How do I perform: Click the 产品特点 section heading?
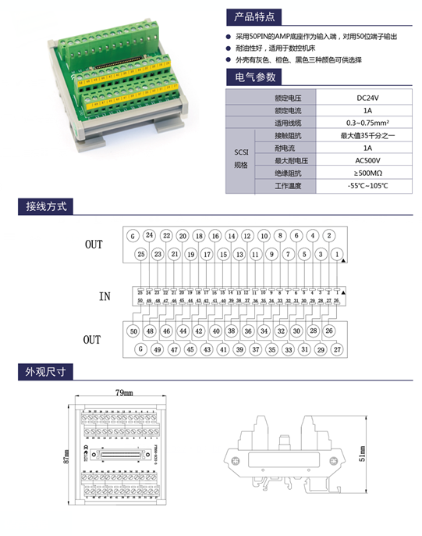[x=252, y=16]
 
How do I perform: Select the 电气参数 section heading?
[x=252, y=77]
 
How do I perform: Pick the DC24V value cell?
[x=367, y=98]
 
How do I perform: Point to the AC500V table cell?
[x=367, y=160]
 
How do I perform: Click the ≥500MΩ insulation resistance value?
[x=367, y=173]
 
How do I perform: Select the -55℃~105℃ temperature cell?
[x=367, y=186]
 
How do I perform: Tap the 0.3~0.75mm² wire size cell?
[x=367, y=123]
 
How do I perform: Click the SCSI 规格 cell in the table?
[x=240, y=160]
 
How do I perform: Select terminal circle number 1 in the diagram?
[x=337, y=254]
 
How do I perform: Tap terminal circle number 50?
[x=133, y=331]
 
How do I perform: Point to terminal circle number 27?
[x=337, y=349]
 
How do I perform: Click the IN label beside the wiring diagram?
[x=105, y=296]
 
